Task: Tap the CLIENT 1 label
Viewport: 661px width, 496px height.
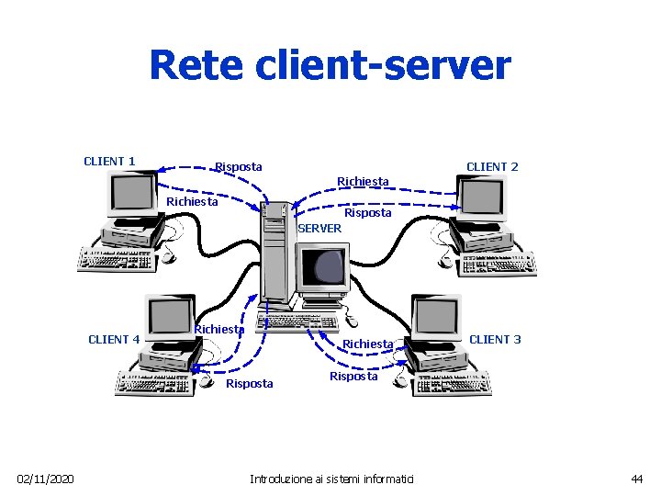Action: pyautogui.click(x=109, y=162)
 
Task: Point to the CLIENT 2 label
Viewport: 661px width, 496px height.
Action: pyautogui.click(x=492, y=166)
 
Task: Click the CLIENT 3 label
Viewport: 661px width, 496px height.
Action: pyautogui.click(x=495, y=339)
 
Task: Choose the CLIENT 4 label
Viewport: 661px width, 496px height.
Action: pyautogui.click(x=114, y=339)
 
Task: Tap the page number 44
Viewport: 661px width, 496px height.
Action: pyautogui.click(x=636, y=479)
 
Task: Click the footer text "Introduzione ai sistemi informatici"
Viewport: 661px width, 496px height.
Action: pyautogui.click(x=331, y=479)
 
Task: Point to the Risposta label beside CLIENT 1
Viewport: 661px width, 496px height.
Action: pyautogui.click(x=238, y=166)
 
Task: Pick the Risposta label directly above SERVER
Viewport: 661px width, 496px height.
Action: pyautogui.click(x=367, y=212)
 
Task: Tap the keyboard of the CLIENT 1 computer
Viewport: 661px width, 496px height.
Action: pyautogui.click(x=119, y=260)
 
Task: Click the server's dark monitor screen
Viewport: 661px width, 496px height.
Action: pyautogui.click(x=329, y=265)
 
